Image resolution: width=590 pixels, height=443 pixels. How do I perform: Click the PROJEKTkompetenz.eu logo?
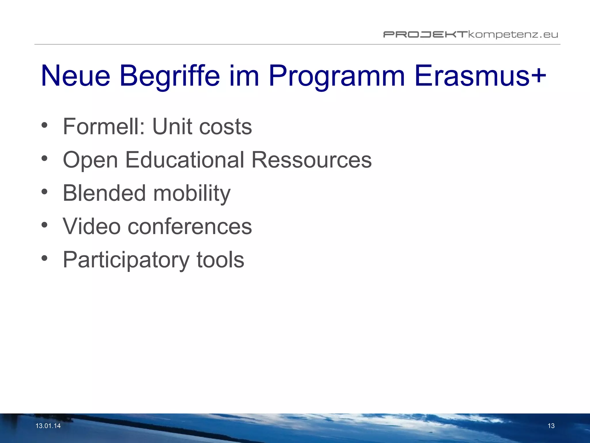pyautogui.click(x=470, y=35)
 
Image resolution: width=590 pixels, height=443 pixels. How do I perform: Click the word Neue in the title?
pyautogui.click(x=75, y=76)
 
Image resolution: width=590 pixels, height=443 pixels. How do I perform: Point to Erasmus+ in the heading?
pyautogui.click(x=480, y=76)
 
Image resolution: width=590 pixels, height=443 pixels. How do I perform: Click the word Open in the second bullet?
pyautogui.click(x=90, y=160)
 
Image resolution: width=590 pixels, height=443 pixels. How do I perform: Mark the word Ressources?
pyautogui.click(x=311, y=160)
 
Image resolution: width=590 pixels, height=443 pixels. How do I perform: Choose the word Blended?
pyautogui.click(x=104, y=193)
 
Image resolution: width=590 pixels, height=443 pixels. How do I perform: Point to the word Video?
pyautogui.click(x=92, y=226)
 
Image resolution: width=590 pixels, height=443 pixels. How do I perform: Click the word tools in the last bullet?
pyautogui.click(x=220, y=260)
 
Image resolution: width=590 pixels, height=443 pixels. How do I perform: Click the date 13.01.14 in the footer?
pyautogui.click(x=48, y=426)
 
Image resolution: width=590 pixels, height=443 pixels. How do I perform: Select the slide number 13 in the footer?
pyautogui.click(x=551, y=426)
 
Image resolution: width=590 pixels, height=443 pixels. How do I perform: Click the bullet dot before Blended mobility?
pyautogui.click(x=44, y=192)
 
